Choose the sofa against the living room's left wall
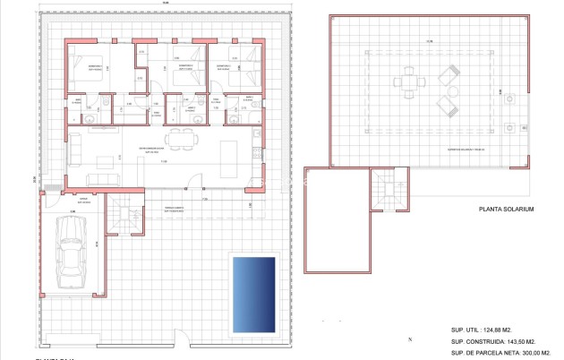tap(75, 146)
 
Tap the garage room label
tap(83, 200)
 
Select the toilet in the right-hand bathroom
tap(235, 115)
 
